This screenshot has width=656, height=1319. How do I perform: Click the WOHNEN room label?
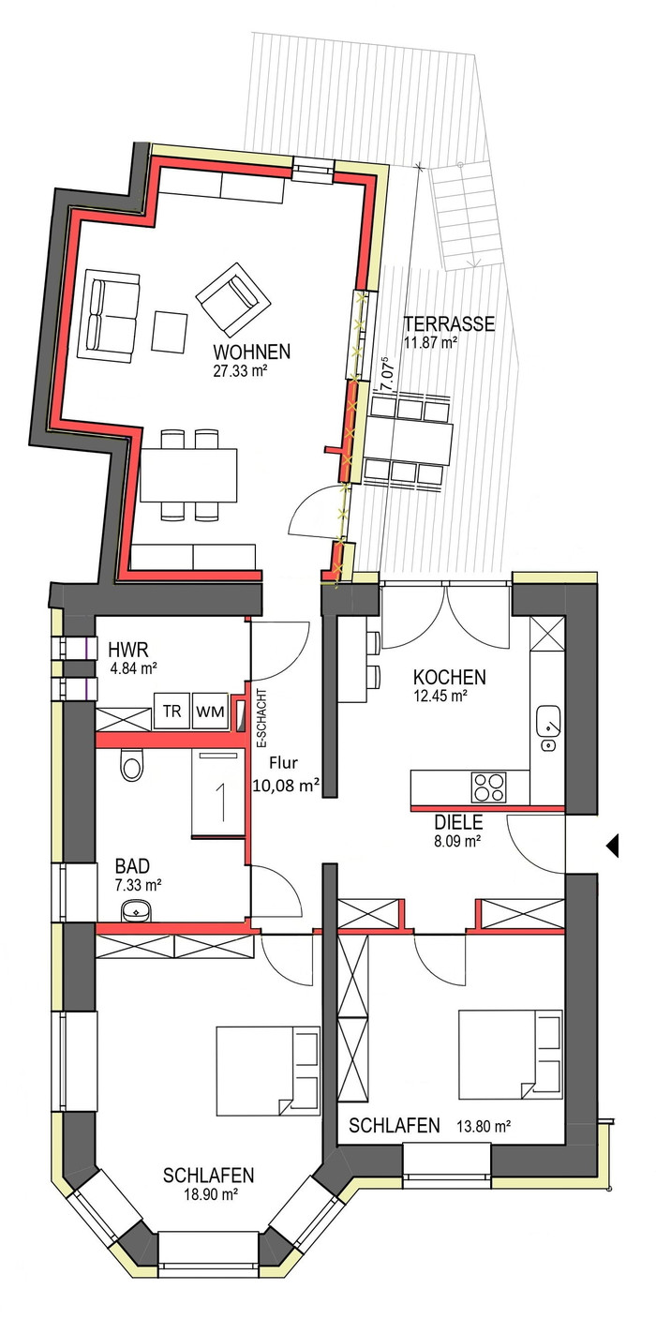(251, 352)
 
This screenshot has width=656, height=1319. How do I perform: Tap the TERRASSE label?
(449, 323)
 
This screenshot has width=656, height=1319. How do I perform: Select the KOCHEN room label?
(449, 677)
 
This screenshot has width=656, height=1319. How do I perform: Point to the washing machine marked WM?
(210, 712)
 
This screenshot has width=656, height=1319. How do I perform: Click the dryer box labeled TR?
(172, 712)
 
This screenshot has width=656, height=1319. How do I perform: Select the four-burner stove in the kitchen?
(489, 787)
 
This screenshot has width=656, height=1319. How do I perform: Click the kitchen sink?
(549, 727)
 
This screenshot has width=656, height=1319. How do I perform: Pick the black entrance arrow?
(613, 846)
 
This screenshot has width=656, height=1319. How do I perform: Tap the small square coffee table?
(170, 332)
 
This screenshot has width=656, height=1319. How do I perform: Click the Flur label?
(284, 763)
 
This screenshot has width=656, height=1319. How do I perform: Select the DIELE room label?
(458, 822)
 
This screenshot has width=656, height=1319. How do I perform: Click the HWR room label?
(128, 650)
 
